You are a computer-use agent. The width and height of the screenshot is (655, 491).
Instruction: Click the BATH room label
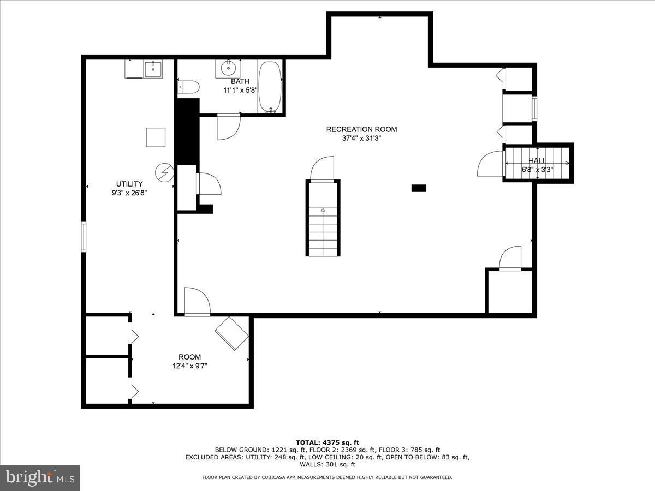(x=240, y=81)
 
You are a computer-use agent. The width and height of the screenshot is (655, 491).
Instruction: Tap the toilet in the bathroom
(x=188, y=86)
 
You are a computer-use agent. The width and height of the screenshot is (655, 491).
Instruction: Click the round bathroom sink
(x=228, y=69)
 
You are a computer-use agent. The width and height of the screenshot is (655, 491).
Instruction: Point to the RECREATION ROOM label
(x=361, y=129)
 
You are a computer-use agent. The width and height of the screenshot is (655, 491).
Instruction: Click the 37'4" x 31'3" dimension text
(x=361, y=139)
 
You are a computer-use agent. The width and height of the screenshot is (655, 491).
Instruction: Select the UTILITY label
(x=129, y=184)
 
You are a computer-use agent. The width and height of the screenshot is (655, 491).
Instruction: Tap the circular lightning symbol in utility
(x=163, y=172)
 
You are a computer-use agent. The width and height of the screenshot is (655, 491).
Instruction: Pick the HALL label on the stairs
(x=537, y=161)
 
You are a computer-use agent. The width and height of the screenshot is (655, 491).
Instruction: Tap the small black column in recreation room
(x=418, y=188)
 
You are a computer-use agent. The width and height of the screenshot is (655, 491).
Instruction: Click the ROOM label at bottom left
(x=189, y=357)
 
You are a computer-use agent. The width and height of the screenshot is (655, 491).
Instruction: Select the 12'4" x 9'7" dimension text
(x=189, y=366)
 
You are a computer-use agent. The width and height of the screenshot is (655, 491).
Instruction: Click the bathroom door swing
(x=228, y=126)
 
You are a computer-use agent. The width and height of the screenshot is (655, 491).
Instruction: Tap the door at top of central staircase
(x=322, y=169)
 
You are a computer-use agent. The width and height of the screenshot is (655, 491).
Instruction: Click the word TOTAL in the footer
(x=308, y=442)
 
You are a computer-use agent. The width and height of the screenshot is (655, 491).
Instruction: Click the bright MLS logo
(x=40, y=478)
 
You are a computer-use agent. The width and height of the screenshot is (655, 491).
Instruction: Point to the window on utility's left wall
(x=84, y=236)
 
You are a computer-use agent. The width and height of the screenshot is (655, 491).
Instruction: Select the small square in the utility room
(x=156, y=137)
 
